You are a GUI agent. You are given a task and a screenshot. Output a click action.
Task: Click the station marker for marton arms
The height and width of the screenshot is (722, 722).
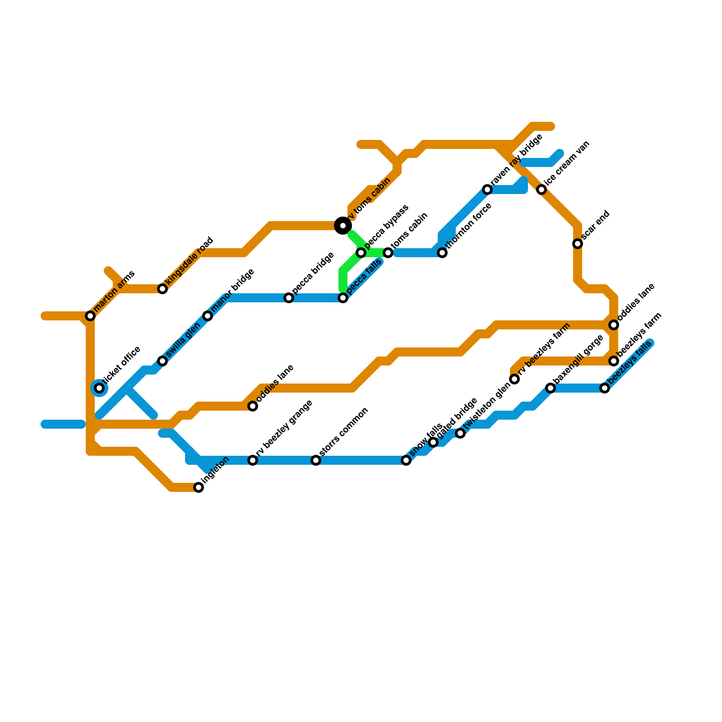coord(90,316)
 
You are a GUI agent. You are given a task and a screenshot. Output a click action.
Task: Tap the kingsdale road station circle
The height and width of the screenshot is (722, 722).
coord(162,289)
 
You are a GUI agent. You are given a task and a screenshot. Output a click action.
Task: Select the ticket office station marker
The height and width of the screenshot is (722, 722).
coord(99,388)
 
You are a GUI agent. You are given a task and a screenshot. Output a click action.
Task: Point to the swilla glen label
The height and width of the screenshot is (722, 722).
coord(183,339)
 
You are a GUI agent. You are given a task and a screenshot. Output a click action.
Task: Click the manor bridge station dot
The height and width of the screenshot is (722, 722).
coord(208,316)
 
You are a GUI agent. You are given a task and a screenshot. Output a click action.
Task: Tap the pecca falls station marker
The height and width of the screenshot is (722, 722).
coord(343,298)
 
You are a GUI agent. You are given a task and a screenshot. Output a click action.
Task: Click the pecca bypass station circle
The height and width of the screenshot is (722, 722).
coord(361,253)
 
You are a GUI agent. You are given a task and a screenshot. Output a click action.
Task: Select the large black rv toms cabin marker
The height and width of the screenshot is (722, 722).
coord(343,226)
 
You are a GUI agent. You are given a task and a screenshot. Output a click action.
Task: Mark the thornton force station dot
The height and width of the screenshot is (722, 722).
coord(442,253)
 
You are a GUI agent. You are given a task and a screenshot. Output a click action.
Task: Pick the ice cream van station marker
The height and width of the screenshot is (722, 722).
coord(541,190)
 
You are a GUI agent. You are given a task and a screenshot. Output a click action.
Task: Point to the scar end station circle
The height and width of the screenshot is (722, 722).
coord(578,244)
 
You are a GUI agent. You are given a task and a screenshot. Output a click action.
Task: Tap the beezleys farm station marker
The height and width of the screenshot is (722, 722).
coord(614,361)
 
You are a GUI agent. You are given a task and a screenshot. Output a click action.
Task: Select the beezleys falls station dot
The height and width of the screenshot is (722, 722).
coord(605,388)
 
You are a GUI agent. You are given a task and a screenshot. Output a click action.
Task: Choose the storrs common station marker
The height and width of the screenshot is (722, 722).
coord(316,460)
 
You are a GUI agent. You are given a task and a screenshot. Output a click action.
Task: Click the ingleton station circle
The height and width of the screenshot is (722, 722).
coord(199,487)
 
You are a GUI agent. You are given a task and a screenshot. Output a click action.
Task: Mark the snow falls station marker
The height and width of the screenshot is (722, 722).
coord(406,460)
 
